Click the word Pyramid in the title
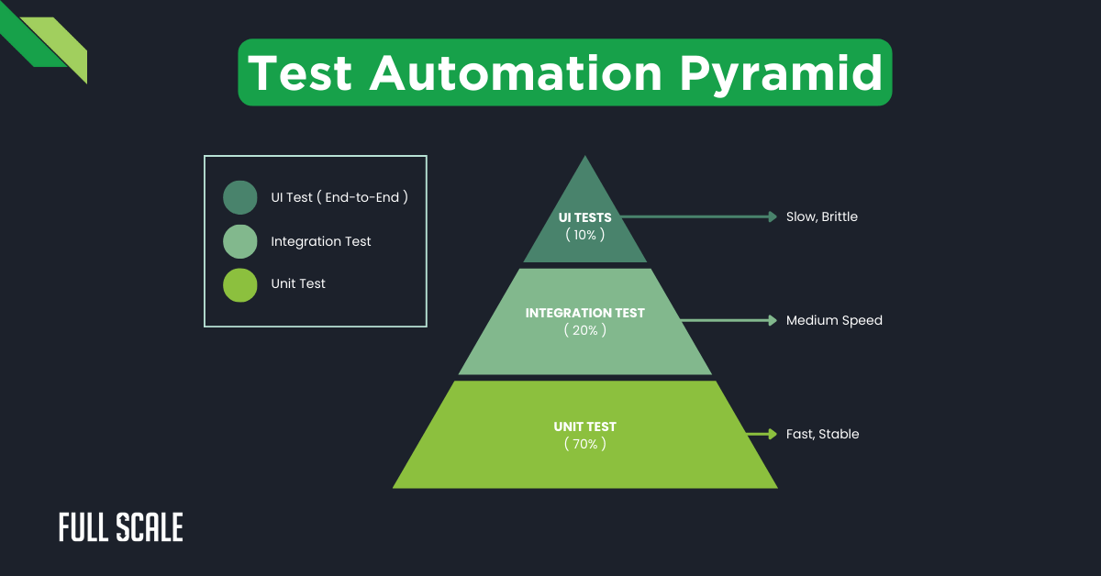tap(781, 72)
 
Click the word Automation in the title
tap(516, 72)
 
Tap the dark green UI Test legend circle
tap(240, 197)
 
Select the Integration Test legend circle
tap(240, 241)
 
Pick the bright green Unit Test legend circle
tap(240, 284)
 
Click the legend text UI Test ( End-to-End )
tap(339, 197)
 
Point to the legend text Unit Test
tap(298, 284)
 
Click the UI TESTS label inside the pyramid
tap(584, 217)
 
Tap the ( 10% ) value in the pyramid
tap(584, 234)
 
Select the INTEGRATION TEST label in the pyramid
tap(584, 313)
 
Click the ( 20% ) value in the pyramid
tap(584, 329)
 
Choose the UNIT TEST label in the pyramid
tap(584, 426)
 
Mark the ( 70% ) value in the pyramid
tap(584, 443)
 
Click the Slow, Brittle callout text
tap(821, 217)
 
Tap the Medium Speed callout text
tap(834, 321)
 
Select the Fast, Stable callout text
tap(822, 435)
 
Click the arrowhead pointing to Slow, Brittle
tap(773, 217)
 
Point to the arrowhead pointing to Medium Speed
tap(773, 321)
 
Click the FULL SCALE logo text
tap(121, 527)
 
